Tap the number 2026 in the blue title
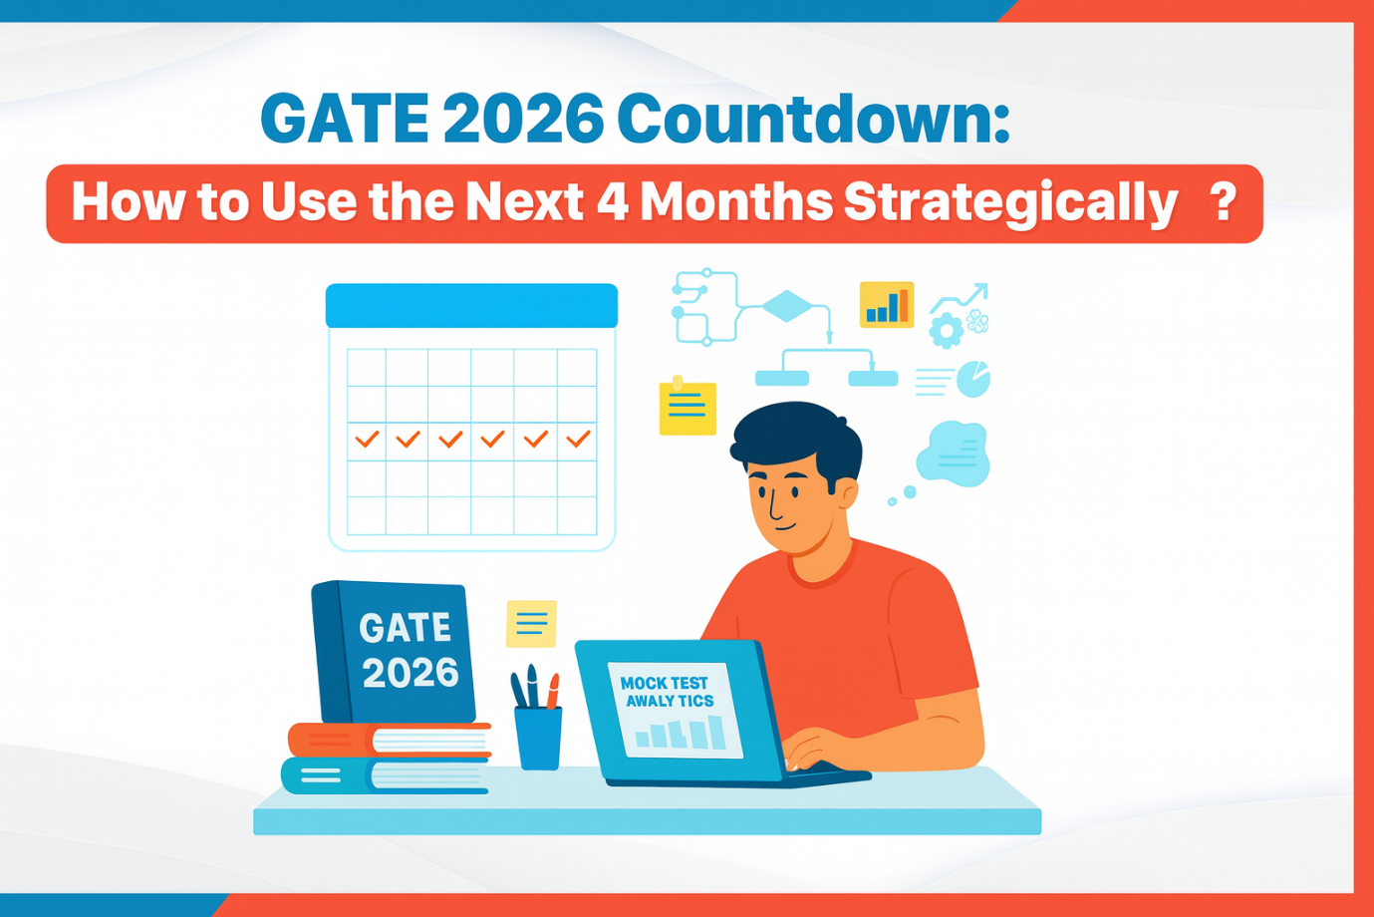(523, 120)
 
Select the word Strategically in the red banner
(1010, 202)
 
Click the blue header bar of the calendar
(471, 305)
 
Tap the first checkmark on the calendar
(367, 438)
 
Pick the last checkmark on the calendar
(578, 438)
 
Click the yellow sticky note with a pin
(687, 407)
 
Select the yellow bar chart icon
(886, 305)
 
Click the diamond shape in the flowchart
(787, 306)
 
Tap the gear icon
(945, 330)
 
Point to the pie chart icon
(973, 379)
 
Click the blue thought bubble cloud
(954, 455)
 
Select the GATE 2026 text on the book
(409, 650)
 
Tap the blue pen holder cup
(538, 737)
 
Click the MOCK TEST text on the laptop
(664, 683)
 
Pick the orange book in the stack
(389, 740)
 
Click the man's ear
(846, 492)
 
